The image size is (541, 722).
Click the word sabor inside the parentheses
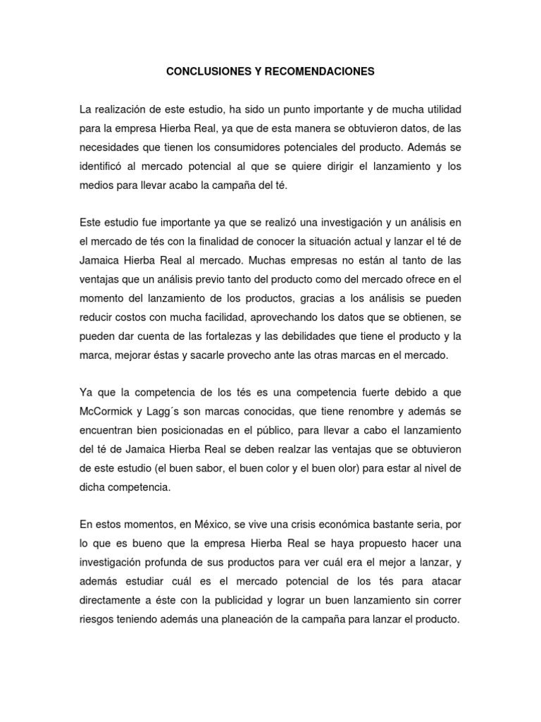(200, 467)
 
